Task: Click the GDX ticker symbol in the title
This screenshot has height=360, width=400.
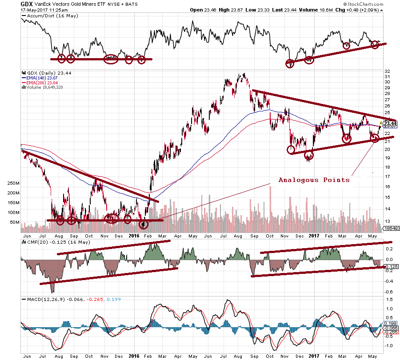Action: coord(27,4)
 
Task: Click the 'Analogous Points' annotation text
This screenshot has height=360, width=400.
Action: coord(314,180)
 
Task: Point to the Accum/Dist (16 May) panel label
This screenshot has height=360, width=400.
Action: coord(45,16)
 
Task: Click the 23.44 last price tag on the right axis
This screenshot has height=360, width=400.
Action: coord(389,123)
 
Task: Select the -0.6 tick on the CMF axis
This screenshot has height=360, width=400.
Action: coord(388,292)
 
